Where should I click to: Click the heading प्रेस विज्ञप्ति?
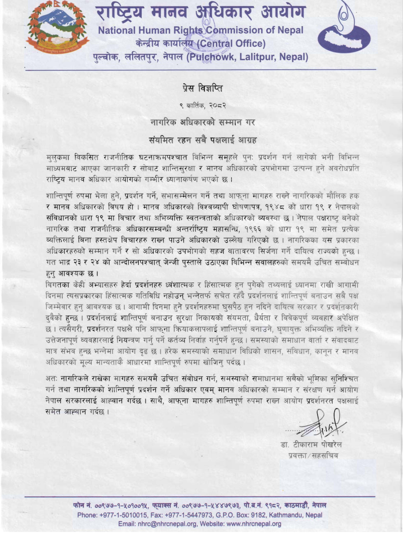[x=201, y=89]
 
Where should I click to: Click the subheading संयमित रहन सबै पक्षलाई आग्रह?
[x=201, y=138]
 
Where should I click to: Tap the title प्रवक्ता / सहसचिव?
[x=317, y=456]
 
